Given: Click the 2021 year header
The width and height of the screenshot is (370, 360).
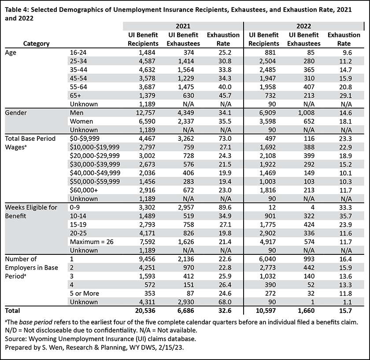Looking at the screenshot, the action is pos(183,26).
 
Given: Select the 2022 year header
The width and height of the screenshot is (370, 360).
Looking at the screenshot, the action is pos(303,26).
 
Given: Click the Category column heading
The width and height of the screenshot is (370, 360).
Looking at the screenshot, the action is pos(36,44).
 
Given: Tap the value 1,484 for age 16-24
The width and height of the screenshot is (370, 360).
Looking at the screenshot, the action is pos(147,52).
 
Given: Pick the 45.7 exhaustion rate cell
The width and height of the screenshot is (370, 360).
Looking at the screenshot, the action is pos(225,96).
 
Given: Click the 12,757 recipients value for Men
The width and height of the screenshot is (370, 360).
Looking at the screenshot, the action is pos(146,113).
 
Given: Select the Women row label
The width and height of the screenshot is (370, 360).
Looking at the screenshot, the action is pos(81,121).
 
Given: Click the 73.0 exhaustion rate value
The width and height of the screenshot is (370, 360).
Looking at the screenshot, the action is pos(225,138).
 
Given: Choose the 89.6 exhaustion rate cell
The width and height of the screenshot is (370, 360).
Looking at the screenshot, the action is pos(225,207).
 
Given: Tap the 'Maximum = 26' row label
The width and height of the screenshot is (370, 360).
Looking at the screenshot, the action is pos(92,242).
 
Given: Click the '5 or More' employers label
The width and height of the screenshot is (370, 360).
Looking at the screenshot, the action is pos(85,293).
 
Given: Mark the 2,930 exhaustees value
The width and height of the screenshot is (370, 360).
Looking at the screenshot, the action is pos(186,302).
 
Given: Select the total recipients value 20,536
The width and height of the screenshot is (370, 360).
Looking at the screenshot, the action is pos(145,311).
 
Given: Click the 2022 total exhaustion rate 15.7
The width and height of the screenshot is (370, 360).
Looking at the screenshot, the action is pos(345,311).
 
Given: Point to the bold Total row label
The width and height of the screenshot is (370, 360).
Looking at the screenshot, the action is pos(12,311).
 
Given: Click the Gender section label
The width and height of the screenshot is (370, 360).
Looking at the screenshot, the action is pos(16,113).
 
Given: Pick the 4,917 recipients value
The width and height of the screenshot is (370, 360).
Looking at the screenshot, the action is pos(268,242).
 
